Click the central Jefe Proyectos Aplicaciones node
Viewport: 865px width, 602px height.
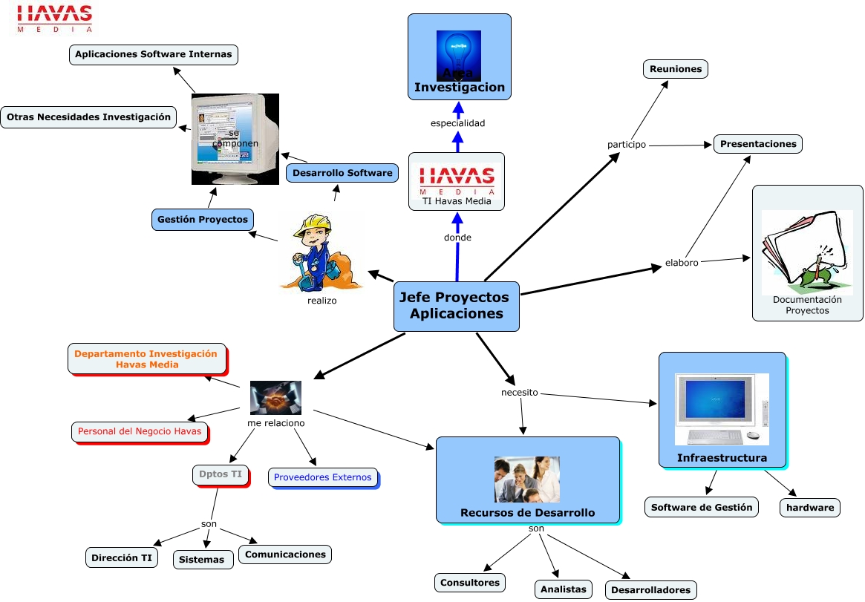coord(456,306)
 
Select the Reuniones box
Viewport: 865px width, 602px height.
coord(675,69)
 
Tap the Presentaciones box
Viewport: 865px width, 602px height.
coord(757,144)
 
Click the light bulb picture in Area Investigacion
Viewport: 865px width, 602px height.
coord(458,53)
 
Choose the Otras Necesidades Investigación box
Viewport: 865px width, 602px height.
coord(88,117)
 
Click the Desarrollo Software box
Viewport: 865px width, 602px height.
coord(342,173)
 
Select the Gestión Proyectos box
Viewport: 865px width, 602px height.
coord(202,220)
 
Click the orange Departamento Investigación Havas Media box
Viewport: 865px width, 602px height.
coord(146,359)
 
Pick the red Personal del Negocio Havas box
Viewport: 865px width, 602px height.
coord(140,431)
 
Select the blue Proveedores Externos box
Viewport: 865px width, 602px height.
coord(322,477)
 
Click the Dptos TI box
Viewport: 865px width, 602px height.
coord(220,474)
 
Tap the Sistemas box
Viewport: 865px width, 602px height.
coord(203,560)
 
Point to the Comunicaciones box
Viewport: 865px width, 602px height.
coord(285,554)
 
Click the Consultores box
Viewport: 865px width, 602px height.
coord(469,583)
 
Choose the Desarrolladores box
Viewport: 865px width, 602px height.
coord(650,591)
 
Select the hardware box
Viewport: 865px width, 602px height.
coord(809,508)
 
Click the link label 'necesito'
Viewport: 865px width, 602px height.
coord(519,392)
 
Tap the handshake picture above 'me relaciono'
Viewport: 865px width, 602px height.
coord(275,397)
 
